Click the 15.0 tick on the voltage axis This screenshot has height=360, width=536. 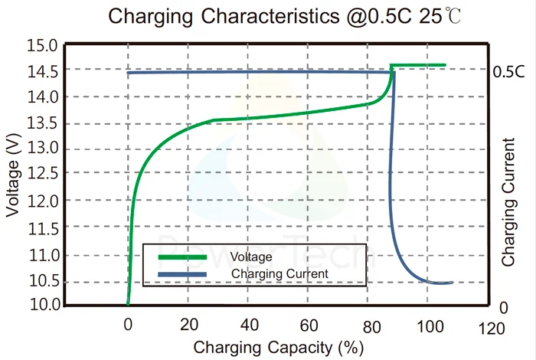pos(42,46)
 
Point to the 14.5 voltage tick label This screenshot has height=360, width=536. pos(42,72)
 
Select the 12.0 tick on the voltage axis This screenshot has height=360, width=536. pos(42,201)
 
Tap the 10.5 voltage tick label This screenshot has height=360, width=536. pos(42,280)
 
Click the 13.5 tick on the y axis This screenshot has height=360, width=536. pos(42,123)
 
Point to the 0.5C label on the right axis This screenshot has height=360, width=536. pos(508,73)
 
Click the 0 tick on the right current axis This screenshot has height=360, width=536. pos(503,307)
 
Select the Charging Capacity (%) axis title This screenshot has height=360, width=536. pos(278,347)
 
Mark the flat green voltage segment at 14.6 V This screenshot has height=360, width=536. pos(418,65)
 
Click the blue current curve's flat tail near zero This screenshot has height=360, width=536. pos(440,283)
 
